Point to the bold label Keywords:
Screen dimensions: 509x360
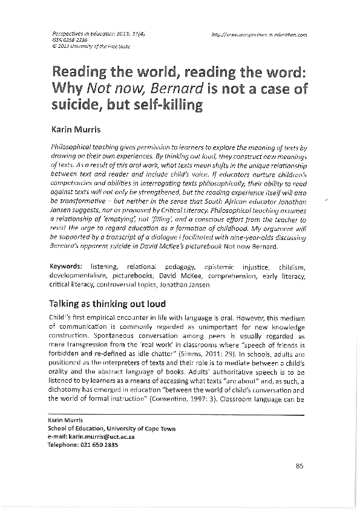click(x=66, y=266)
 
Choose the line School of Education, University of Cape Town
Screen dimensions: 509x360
click(x=111, y=429)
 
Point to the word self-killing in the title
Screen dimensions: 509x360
click(x=168, y=104)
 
